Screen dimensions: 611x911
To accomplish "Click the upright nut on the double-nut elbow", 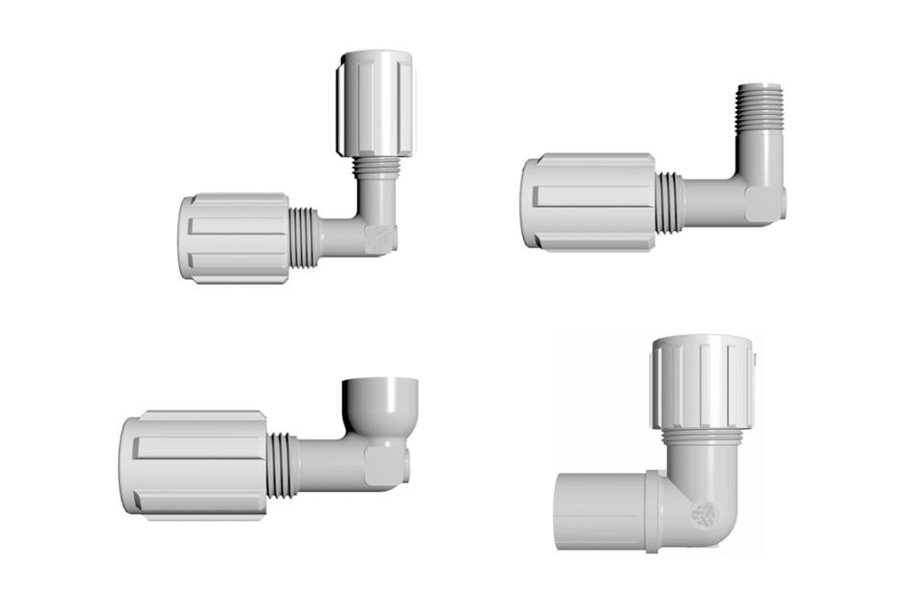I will (x=375, y=105).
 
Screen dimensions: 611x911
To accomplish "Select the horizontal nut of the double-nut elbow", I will (x=234, y=237).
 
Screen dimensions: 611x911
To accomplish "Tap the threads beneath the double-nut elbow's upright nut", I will (x=374, y=168).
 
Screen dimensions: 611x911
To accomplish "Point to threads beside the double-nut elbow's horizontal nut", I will (x=303, y=234).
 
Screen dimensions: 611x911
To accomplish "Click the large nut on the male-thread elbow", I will (x=588, y=201).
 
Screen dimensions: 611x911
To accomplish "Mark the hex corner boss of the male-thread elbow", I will (x=763, y=203).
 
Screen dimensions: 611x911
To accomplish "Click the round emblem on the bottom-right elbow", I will (x=703, y=515).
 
